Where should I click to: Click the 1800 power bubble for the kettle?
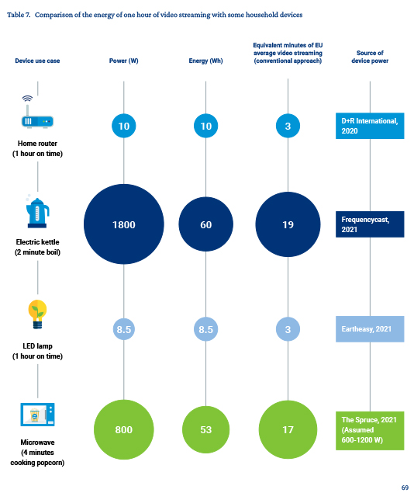(124, 224)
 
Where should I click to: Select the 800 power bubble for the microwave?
(124, 429)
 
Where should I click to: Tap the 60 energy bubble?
(206, 224)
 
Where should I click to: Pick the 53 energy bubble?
(206, 429)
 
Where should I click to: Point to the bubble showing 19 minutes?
(288, 224)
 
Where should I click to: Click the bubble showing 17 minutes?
(288, 429)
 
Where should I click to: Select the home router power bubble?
(124, 126)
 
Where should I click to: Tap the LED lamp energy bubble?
(206, 329)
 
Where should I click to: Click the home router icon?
(37, 112)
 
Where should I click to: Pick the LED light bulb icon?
(37, 314)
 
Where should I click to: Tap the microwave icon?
(37, 415)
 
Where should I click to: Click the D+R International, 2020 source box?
(370, 126)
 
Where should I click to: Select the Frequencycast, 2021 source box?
(370, 224)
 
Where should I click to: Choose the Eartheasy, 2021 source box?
(370, 329)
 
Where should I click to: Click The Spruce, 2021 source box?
(370, 430)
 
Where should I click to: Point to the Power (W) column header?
(124, 61)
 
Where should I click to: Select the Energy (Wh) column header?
(206, 61)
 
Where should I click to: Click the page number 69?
(405, 488)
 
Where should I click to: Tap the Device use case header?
(37, 61)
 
